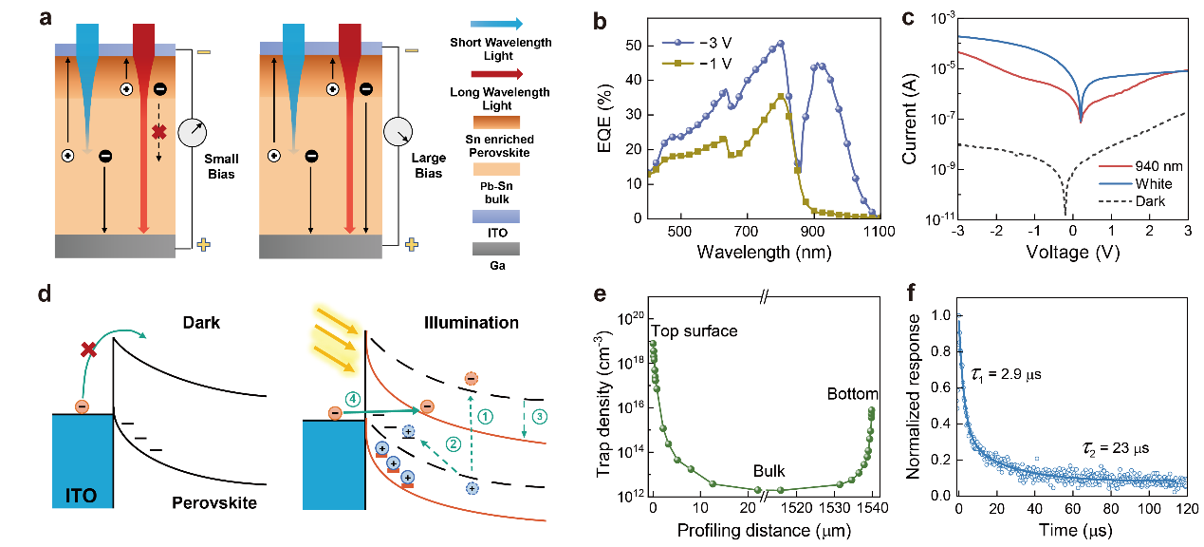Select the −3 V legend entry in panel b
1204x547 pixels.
click(703, 45)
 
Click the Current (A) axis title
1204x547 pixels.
click(909, 122)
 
